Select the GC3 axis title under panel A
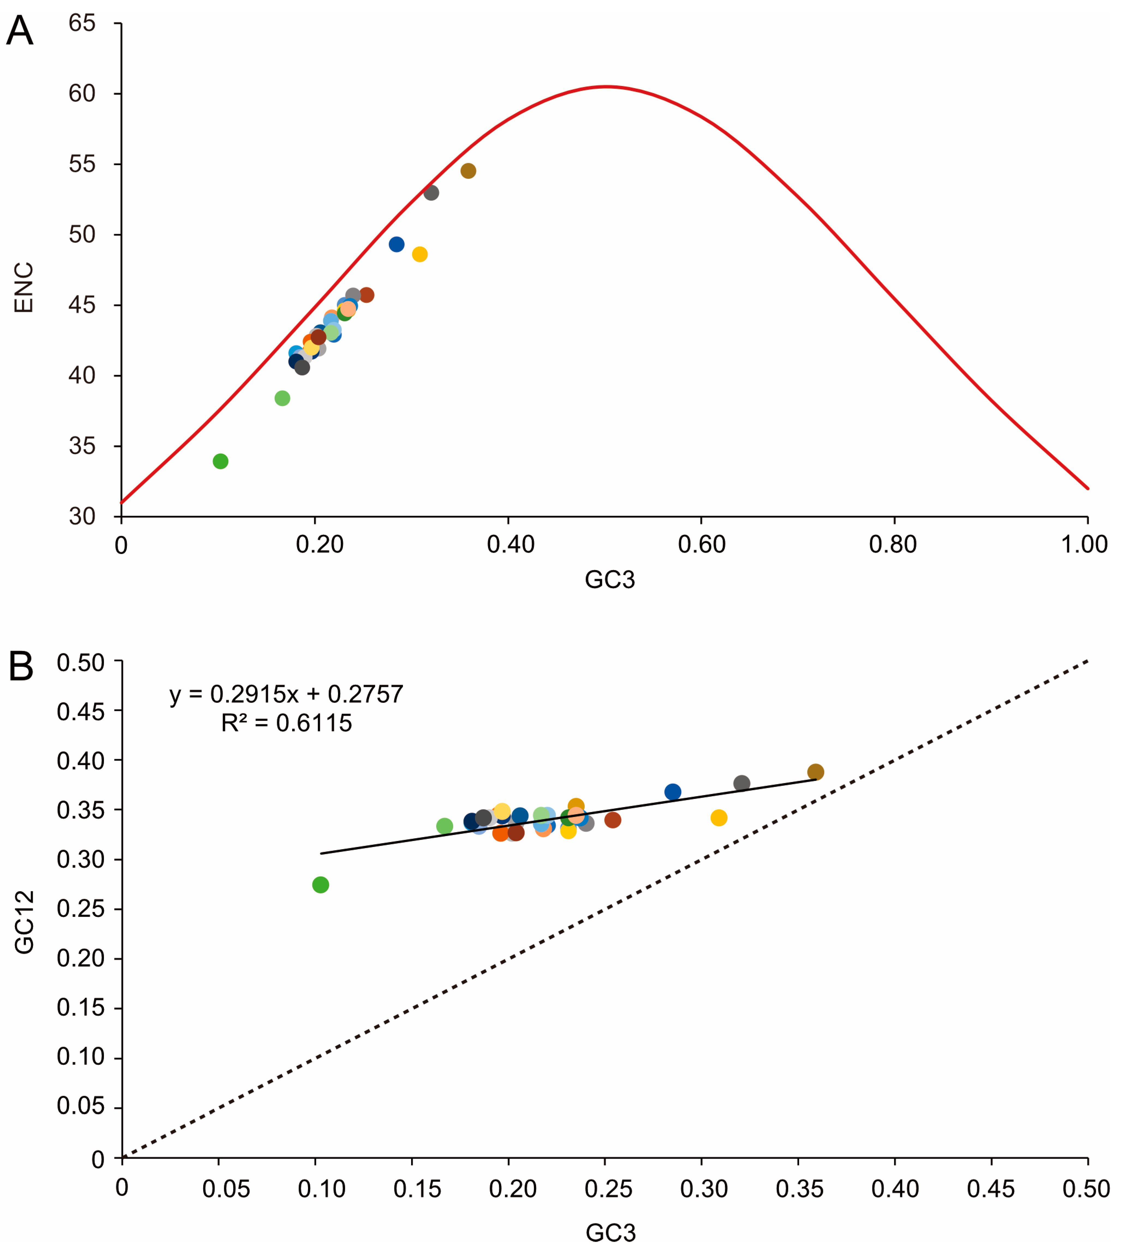coord(610,580)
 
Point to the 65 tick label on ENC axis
coord(82,23)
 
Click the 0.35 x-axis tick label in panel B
coord(799,1188)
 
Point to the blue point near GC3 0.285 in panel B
coord(673,792)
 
